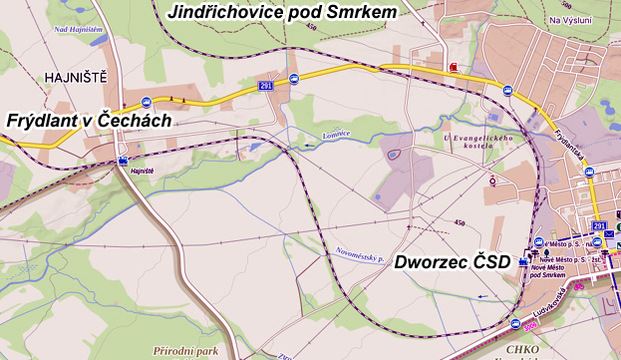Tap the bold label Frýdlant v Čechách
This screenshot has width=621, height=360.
coord(89,120)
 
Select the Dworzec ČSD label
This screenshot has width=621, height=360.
coord(453,262)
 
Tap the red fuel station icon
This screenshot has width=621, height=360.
coord(455,67)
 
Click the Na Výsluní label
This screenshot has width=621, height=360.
coord(570,20)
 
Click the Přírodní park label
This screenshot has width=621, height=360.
coord(185,351)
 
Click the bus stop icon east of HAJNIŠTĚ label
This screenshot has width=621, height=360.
coord(146,101)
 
